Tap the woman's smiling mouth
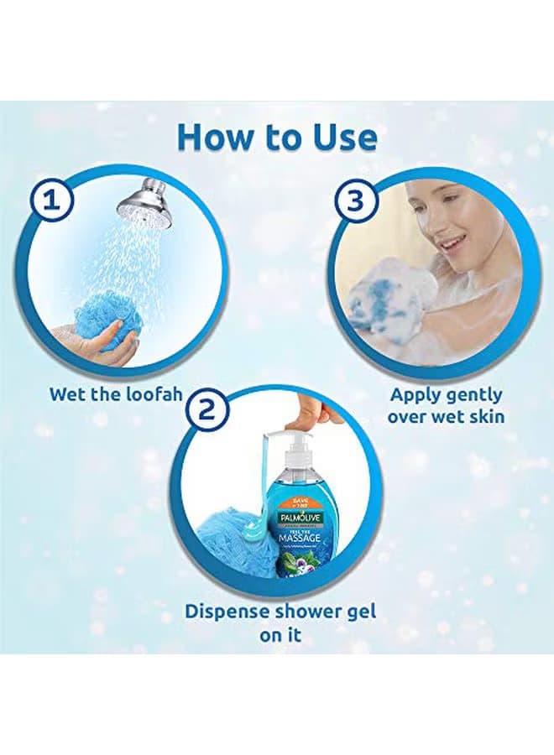click(x=452, y=243)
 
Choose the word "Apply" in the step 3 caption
click(x=415, y=394)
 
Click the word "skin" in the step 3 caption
click(x=485, y=415)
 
